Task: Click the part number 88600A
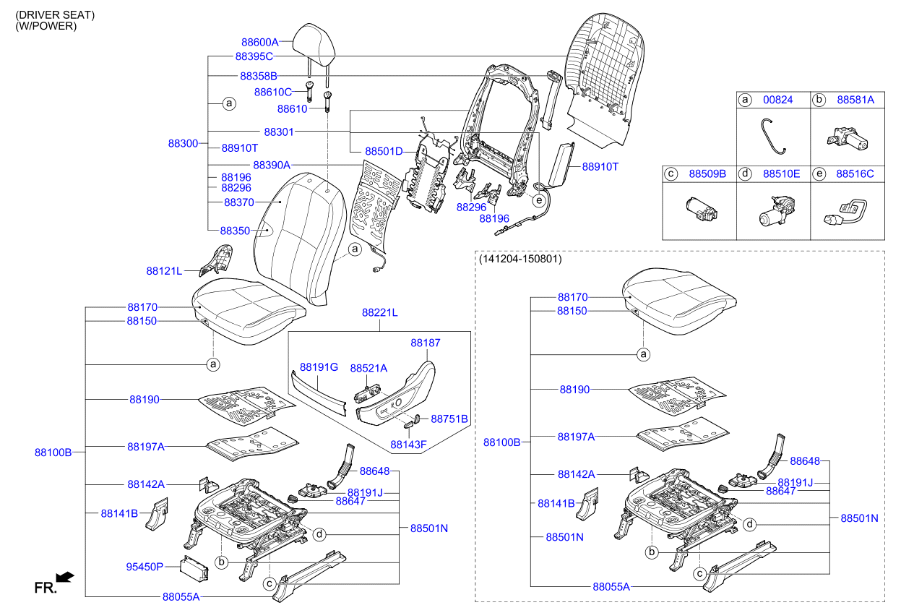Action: point(259,42)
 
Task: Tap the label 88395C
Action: point(254,56)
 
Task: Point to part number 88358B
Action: point(258,75)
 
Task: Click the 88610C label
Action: point(272,92)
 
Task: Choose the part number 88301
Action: point(279,132)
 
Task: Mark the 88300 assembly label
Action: point(183,143)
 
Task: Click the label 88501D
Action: point(384,151)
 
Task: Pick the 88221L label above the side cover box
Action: point(380,312)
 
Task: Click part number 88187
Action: point(426,343)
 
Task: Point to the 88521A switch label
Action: point(368,368)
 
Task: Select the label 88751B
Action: point(449,419)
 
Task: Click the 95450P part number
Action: point(145,567)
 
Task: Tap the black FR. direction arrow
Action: point(65,576)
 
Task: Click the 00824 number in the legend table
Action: point(778,100)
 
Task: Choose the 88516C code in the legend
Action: point(855,173)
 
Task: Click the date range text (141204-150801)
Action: point(520,258)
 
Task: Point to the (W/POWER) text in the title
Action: point(46,26)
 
